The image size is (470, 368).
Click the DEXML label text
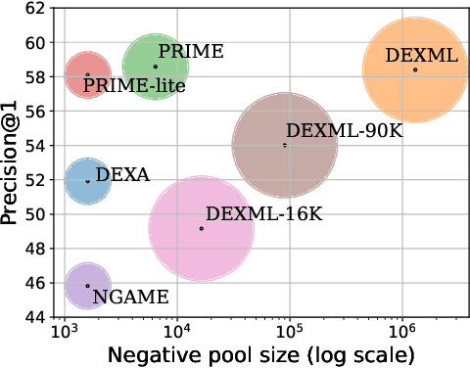pos(421,57)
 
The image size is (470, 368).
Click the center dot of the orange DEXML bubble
pos(415,69)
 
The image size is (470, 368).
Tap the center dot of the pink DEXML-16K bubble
pos(202,228)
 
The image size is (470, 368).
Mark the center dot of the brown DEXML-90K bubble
pos(285,145)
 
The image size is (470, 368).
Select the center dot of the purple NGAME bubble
pos(87,286)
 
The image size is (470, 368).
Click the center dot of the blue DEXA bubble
pos(87,181)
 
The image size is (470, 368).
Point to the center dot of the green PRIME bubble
pos(155,67)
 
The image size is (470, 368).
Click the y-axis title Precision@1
pos(12,162)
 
